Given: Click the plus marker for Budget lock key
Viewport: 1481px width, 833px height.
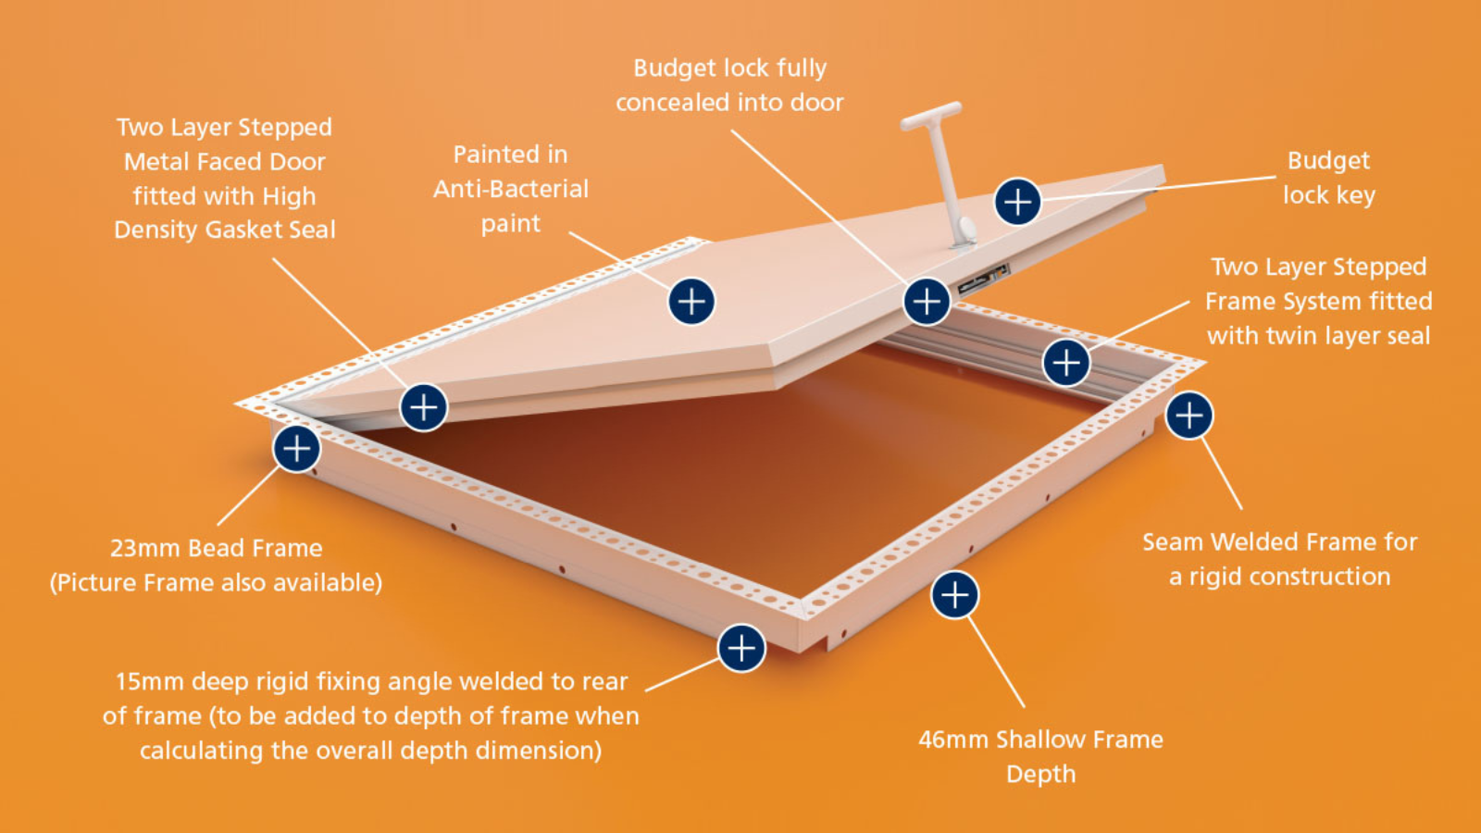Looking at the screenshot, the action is [x=1018, y=201].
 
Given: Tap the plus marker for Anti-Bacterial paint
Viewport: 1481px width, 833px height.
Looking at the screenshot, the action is [x=691, y=302].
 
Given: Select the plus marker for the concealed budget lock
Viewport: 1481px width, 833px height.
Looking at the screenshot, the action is [x=927, y=302].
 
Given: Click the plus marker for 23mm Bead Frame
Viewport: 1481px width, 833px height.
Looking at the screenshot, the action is [x=297, y=449].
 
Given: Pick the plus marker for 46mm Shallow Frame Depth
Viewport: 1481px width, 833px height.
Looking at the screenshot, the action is [x=954, y=595].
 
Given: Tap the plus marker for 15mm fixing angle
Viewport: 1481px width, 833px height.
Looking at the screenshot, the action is [x=741, y=648].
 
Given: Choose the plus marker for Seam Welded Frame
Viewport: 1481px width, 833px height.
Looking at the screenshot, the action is [x=1189, y=416].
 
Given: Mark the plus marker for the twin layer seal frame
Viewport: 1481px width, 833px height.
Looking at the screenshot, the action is [x=1066, y=362].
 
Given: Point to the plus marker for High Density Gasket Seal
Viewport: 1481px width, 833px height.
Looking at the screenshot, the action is [x=424, y=407].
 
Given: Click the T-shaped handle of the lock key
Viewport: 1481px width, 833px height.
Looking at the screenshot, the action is [x=931, y=116].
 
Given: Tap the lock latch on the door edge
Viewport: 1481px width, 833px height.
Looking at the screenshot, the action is [x=984, y=280].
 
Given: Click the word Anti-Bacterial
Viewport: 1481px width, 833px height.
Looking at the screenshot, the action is [x=511, y=189].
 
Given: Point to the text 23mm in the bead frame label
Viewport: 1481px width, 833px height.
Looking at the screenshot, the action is [x=144, y=548].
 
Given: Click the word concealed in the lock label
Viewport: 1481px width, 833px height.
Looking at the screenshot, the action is [x=672, y=103].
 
